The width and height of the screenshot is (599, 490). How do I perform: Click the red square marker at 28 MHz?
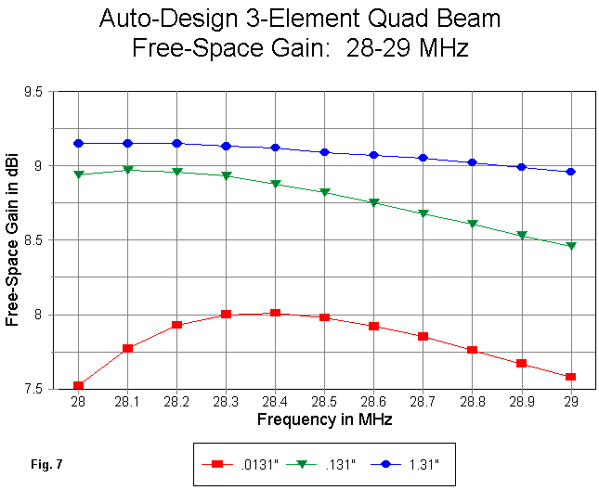(x=78, y=385)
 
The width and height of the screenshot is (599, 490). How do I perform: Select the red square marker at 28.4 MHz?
(x=275, y=314)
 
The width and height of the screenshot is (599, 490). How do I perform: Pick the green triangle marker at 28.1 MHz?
(x=127, y=170)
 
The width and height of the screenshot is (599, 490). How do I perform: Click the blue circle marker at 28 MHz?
(x=78, y=143)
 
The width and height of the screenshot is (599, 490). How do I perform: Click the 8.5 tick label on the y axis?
(x=39, y=240)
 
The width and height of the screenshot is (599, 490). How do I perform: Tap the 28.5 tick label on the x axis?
(x=324, y=402)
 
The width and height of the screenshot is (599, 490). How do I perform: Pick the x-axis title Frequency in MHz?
(x=323, y=419)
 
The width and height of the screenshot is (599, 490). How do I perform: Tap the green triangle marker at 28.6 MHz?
(x=373, y=202)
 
